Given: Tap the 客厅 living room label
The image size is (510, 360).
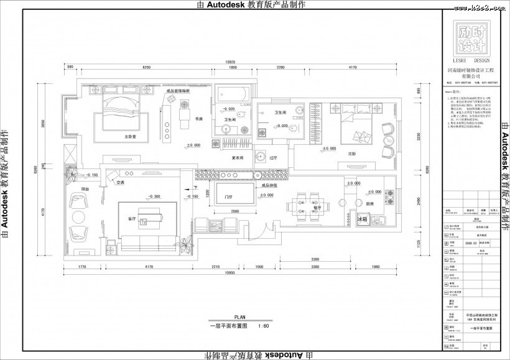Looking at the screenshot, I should tap(132, 219).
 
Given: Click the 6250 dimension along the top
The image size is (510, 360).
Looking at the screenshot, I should tap(147, 67).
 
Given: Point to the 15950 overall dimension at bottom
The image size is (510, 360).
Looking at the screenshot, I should tap(229, 274).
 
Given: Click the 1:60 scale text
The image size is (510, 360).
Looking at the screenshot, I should tap(263, 325).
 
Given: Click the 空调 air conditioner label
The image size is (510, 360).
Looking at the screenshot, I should tap(120, 182).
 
